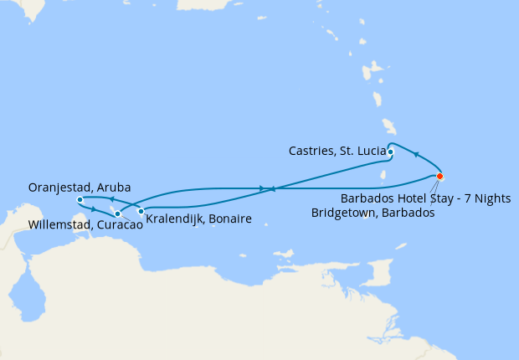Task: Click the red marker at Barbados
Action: point(439,177)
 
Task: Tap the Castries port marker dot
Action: point(391,152)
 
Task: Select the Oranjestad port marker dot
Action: point(80,200)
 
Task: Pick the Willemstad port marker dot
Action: point(118,214)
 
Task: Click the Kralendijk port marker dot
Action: point(141,211)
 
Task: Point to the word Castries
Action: point(311,152)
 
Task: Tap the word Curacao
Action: point(110,225)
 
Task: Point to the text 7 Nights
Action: point(486,198)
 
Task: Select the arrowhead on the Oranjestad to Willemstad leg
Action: point(94,209)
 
